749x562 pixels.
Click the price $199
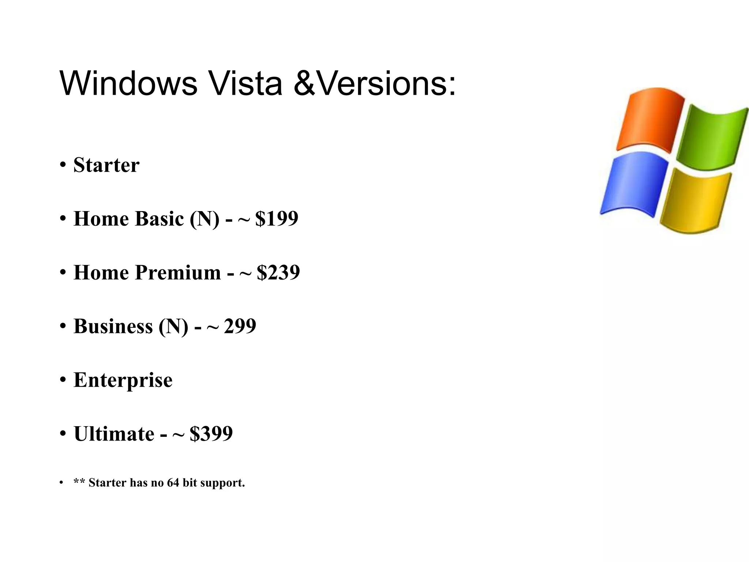[277, 219]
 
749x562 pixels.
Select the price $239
[278, 273]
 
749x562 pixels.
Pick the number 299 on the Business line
[240, 326]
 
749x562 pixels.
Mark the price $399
[211, 434]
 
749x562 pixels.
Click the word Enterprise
[123, 380]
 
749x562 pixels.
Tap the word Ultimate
[114, 434]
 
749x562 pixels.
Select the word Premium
[178, 273]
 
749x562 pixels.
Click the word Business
[113, 326]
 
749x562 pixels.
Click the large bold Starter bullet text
[106, 165]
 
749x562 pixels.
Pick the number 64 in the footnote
[173, 483]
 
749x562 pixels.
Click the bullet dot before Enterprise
[63, 380]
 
